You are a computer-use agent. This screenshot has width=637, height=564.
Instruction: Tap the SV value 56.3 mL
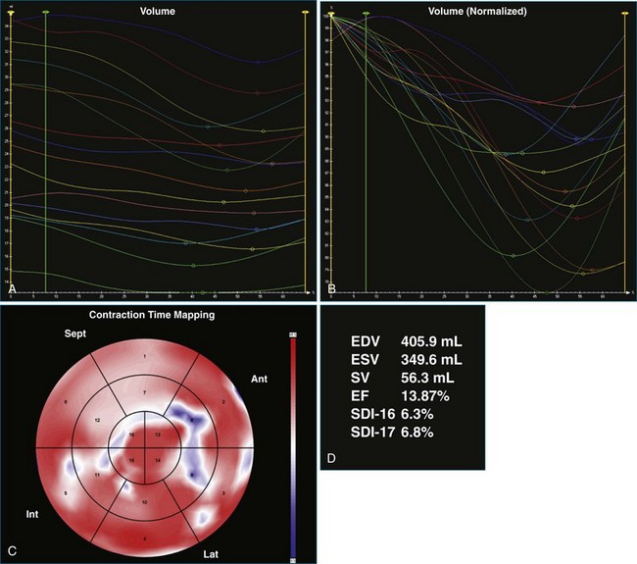click(424, 378)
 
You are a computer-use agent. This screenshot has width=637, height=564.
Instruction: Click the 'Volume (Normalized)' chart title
click(478, 12)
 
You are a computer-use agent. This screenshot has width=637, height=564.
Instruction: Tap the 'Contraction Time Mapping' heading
click(152, 316)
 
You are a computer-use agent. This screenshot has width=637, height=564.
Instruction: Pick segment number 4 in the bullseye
click(144, 538)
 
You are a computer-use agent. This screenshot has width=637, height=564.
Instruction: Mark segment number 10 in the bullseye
click(143, 502)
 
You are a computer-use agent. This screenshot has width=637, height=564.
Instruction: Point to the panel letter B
click(333, 290)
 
